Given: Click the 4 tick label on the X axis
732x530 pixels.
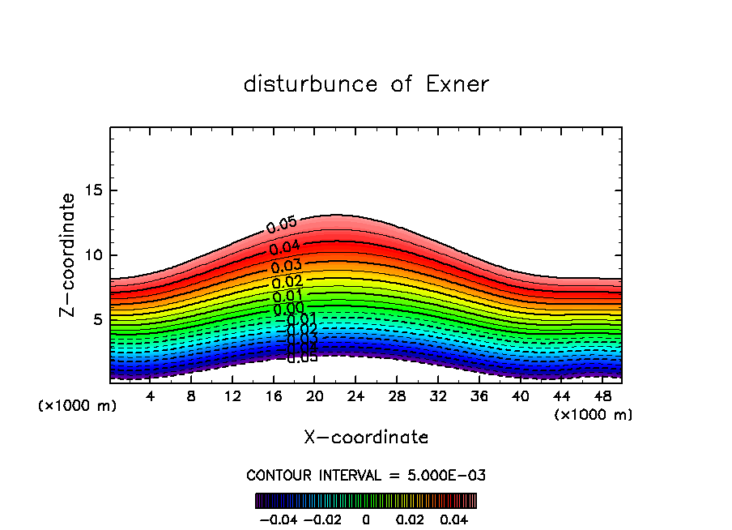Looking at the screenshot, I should [150, 397].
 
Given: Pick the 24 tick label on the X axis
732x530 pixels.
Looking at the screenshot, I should [355, 397].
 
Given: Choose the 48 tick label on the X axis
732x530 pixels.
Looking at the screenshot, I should [602, 397].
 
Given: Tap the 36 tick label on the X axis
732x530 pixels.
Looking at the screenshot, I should [479, 397].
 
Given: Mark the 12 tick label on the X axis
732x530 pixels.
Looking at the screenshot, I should [232, 397].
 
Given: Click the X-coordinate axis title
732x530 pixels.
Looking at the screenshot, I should [366, 438].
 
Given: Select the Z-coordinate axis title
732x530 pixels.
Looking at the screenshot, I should [69, 254].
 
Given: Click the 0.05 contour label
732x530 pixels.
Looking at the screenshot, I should [281, 226].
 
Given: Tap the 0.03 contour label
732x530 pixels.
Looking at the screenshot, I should [286, 266].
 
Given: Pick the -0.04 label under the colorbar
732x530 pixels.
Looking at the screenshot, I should [279, 518].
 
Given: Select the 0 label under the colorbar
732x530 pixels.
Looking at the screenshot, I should [366, 518].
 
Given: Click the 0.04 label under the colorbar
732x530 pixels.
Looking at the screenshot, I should [453, 518].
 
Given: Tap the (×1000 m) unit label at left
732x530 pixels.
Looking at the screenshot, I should [78, 406].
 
